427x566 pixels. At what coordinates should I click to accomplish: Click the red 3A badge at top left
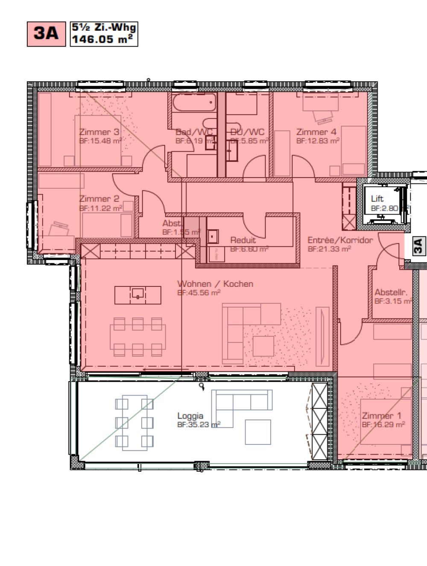[46, 34]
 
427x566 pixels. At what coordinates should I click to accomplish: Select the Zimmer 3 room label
[99, 132]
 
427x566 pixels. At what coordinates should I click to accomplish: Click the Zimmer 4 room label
[316, 132]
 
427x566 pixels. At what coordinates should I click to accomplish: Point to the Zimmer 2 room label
[99, 199]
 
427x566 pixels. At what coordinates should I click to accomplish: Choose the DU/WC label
[247, 132]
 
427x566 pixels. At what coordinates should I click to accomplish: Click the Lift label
[377, 199]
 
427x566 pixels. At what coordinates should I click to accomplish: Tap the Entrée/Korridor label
[340, 240]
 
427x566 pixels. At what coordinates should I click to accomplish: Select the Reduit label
[243, 240]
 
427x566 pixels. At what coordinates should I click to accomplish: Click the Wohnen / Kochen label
[215, 284]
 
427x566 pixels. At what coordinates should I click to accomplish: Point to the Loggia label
[190, 416]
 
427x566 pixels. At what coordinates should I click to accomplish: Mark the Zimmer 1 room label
[381, 416]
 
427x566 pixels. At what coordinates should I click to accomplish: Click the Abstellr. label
[391, 292]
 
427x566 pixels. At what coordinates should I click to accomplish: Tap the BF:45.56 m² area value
[199, 293]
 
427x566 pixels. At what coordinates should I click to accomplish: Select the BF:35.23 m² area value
[199, 425]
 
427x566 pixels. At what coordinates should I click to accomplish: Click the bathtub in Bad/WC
[194, 102]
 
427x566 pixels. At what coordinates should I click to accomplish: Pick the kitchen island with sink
[137, 294]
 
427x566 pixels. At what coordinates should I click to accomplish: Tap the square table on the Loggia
[258, 432]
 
